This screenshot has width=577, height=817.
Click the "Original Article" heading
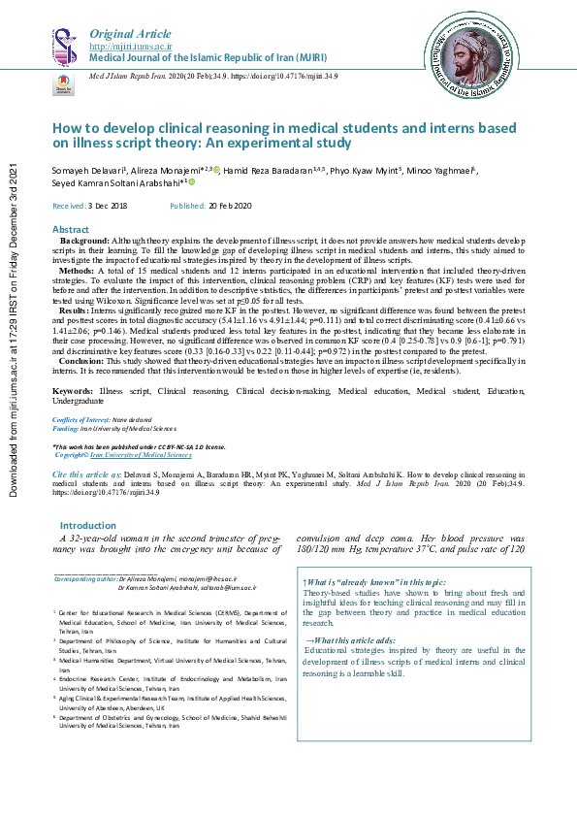pyautogui.click(x=124, y=34)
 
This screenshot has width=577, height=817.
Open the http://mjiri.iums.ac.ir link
pyautogui.click(x=131, y=46)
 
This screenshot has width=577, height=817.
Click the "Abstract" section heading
pyautogui.click(x=71, y=229)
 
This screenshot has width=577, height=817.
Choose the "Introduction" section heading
pyautogui.click(x=88, y=525)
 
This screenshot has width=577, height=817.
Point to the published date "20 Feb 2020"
pyautogui.click(x=230, y=207)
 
